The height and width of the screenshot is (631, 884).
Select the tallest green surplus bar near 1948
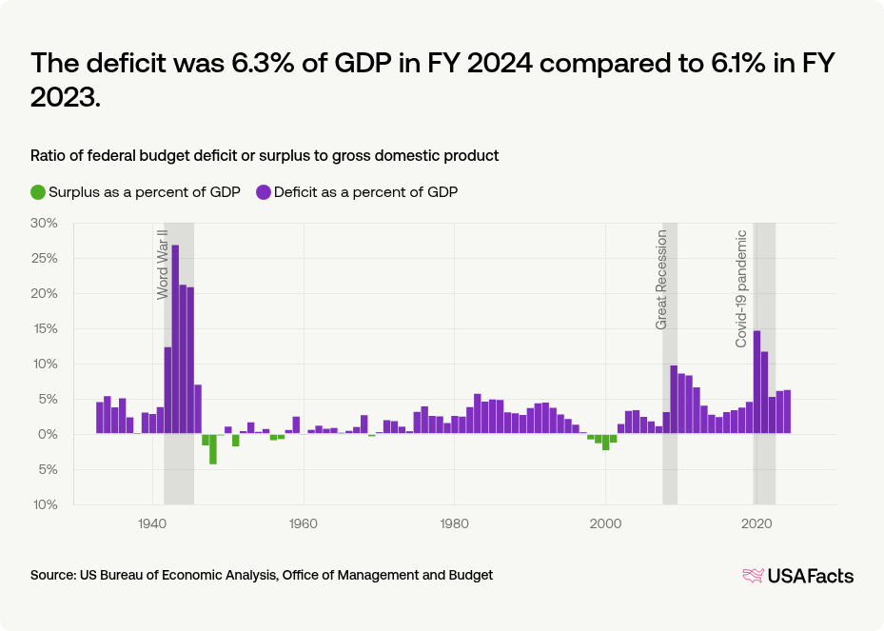[x=213, y=449]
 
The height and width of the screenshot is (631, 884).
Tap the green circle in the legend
[x=38, y=191]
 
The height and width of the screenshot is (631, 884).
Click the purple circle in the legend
[x=264, y=191]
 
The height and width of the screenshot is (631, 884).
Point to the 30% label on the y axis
[x=46, y=223]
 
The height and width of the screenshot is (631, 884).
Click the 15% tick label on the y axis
[x=46, y=328]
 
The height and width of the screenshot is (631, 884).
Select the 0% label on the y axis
[x=49, y=434]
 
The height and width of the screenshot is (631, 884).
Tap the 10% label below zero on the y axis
[x=46, y=504]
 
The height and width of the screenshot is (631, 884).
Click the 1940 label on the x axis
[x=152, y=523]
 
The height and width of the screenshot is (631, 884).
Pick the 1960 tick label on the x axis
[x=304, y=523]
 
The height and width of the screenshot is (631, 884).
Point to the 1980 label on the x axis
[x=454, y=523]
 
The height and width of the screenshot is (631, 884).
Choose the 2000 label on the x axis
[x=605, y=523]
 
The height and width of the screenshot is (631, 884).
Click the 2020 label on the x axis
[x=756, y=523]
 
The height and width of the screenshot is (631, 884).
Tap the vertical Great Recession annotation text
[x=662, y=280]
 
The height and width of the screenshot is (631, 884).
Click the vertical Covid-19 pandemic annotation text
[x=741, y=287]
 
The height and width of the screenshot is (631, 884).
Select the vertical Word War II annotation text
[x=163, y=264]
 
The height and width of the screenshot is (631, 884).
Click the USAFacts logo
[x=797, y=576]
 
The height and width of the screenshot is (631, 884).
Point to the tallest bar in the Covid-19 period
[x=756, y=382]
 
